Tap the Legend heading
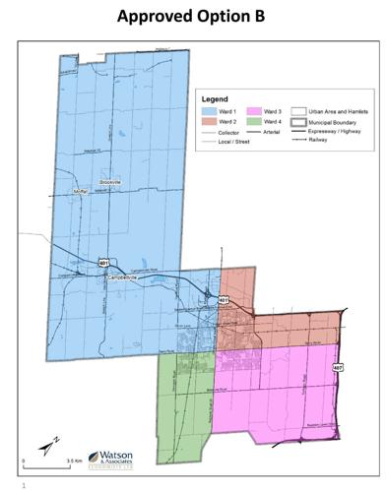point(215,99)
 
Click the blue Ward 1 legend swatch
point(209,111)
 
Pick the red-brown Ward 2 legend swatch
point(209,121)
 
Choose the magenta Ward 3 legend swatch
point(254,111)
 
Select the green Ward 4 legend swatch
point(254,121)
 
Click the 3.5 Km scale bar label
point(72,461)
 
